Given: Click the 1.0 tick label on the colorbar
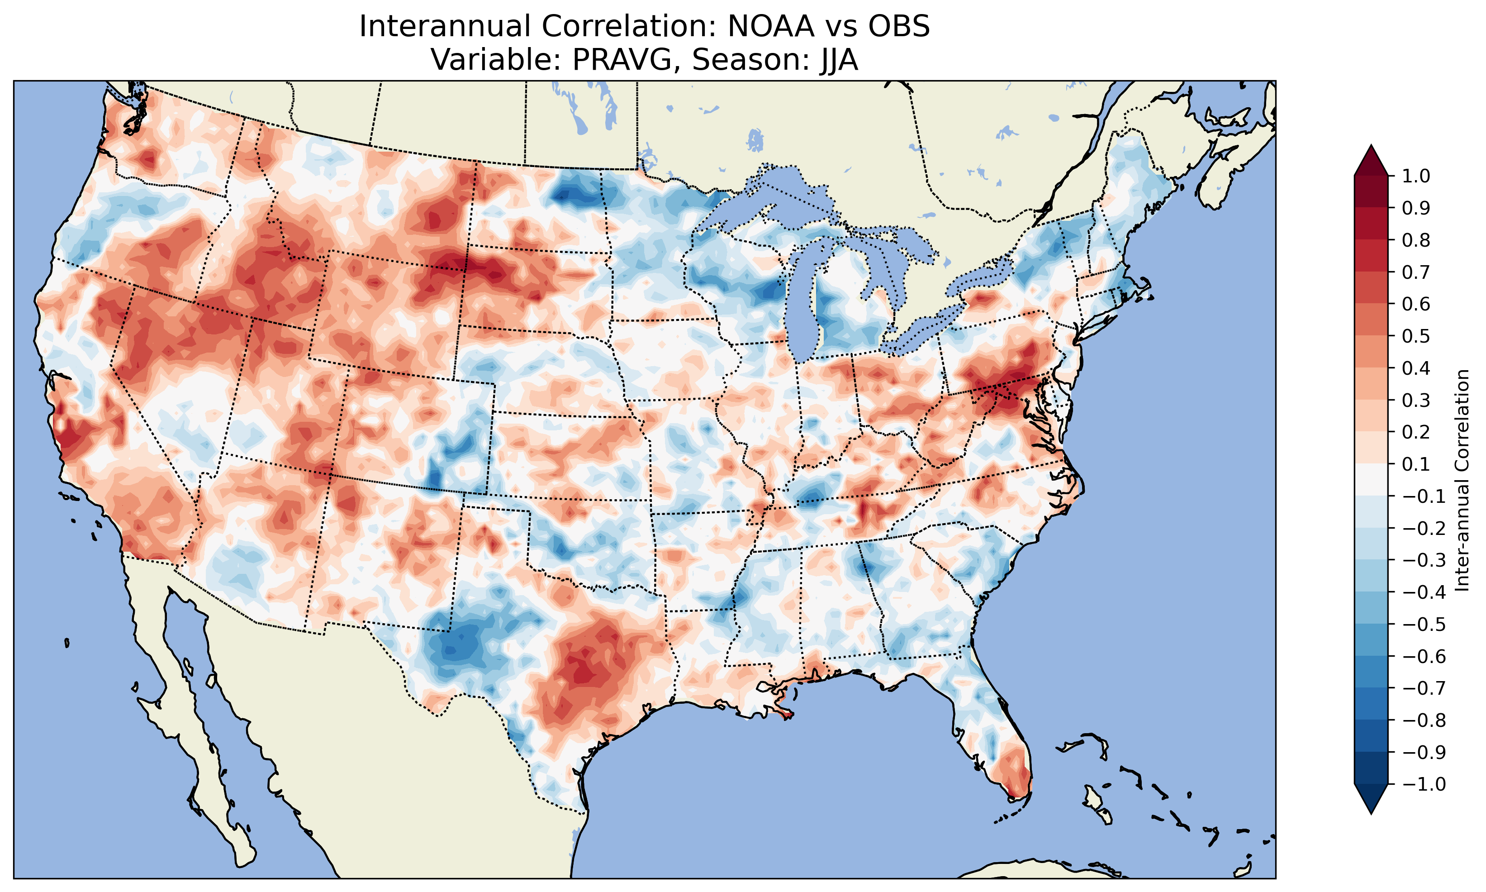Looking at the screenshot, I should [x=1416, y=176].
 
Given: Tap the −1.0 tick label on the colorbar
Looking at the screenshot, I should [x=1424, y=784].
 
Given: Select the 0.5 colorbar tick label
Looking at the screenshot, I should [x=1416, y=336].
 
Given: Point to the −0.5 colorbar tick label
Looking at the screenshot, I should [x=1424, y=624].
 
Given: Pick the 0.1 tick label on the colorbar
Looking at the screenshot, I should [x=1416, y=464].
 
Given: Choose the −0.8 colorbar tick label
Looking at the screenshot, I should [x=1424, y=720].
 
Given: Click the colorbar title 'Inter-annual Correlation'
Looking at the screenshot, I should [x=1462, y=480].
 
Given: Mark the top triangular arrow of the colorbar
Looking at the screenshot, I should [x=1371, y=160].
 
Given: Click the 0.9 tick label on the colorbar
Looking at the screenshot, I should [x=1416, y=208].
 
